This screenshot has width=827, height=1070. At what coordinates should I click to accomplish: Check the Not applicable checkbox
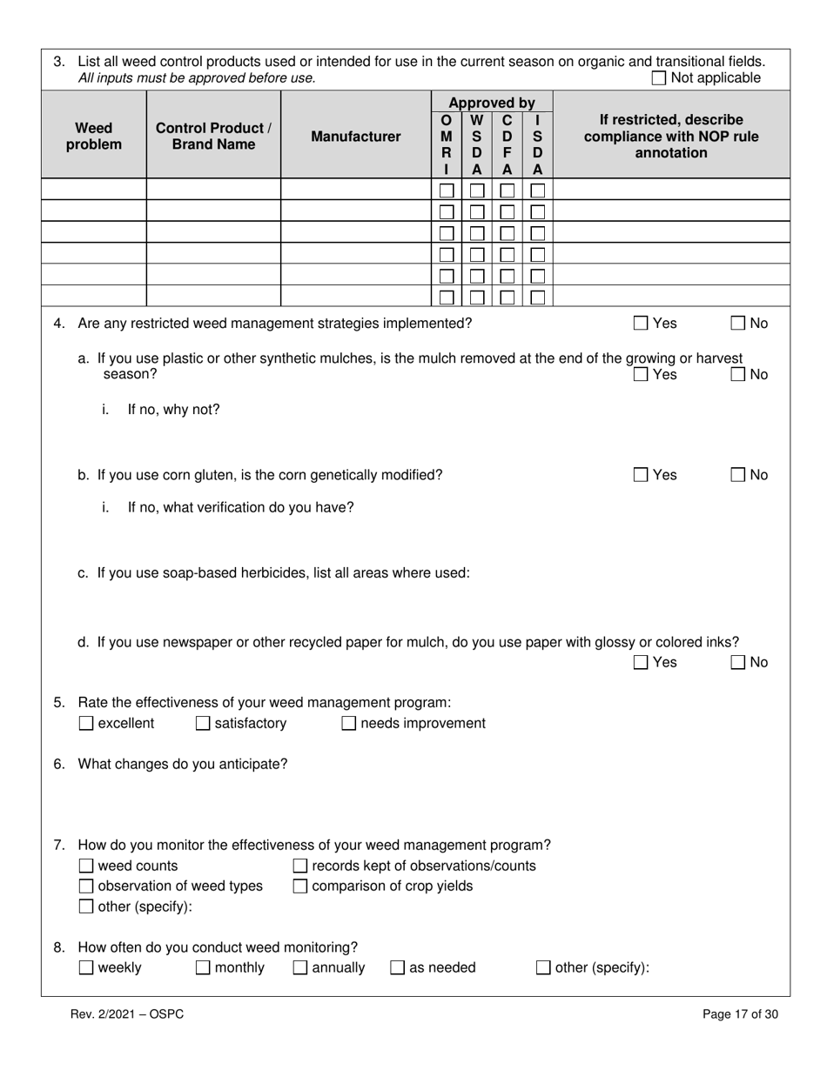(x=659, y=78)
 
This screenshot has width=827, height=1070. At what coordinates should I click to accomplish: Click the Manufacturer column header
(x=356, y=137)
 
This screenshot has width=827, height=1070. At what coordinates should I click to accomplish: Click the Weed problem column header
(x=94, y=137)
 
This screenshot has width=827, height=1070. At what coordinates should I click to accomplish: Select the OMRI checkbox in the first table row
(x=447, y=190)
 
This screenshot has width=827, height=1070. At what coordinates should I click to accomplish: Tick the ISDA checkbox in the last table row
(x=538, y=298)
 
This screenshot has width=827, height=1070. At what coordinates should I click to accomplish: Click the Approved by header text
(x=492, y=103)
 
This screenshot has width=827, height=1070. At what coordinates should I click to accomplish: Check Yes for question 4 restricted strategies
(x=641, y=324)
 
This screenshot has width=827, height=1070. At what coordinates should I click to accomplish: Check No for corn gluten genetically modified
(x=738, y=475)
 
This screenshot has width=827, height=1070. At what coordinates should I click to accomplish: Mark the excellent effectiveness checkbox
(x=86, y=724)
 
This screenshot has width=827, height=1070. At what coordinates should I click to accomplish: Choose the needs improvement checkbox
(x=349, y=724)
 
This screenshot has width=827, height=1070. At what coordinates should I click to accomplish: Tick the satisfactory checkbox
(x=203, y=724)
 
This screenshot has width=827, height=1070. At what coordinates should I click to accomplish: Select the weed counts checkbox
(x=86, y=866)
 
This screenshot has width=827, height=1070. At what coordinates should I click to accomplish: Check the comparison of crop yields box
(x=300, y=886)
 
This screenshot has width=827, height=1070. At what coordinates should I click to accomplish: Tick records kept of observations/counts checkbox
(x=300, y=866)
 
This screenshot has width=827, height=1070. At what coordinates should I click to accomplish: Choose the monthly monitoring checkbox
(x=203, y=968)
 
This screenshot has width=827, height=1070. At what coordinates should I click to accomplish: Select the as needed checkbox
(x=398, y=968)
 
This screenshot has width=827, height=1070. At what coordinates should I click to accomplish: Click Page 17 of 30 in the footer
(x=740, y=1014)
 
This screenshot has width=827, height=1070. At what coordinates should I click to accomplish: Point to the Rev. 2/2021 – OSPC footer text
(x=127, y=1014)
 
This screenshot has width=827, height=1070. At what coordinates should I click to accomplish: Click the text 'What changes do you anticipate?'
(x=183, y=765)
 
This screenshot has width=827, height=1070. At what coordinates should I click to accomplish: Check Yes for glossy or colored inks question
(x=641, y=663)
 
